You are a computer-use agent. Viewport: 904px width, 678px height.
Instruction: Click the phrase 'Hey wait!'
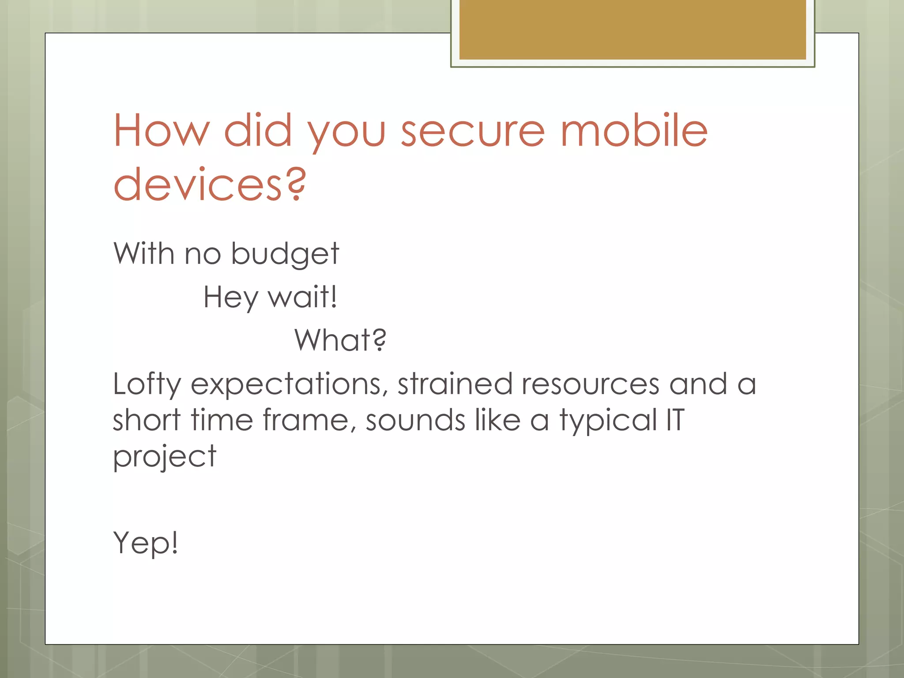pyautogui.click(x=270, y=297)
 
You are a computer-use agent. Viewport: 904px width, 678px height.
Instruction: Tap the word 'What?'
pyautogui.click(x=340, y=340)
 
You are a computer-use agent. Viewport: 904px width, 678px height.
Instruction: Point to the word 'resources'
pyautogui.click(x=590, y=384)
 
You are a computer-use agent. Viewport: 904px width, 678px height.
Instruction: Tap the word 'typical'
pyautogui.click(x=609, y=421)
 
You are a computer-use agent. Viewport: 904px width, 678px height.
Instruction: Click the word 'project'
pyautogui.click(x=165, y=457)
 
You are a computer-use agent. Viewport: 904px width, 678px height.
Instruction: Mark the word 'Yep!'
pyautogui.click(x=146, y=543)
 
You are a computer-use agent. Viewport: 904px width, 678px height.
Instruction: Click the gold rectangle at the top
pyautogui.click(x=633, y=30)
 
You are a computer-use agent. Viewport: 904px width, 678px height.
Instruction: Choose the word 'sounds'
pyautogui.click(x=415, y=420)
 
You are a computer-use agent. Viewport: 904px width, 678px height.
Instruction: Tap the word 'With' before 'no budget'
pyautogui.click(x=144, y=254)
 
